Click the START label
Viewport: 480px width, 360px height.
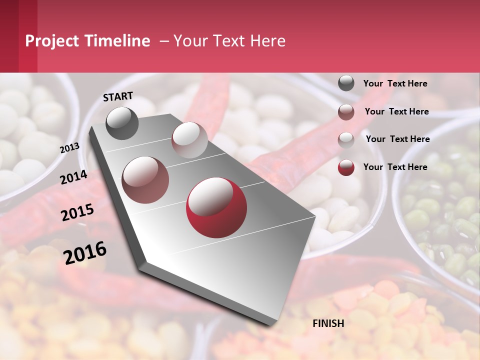pyautogui.click(x=118, y=96)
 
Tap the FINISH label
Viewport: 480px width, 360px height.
pyautogui.click(x=328, y=323)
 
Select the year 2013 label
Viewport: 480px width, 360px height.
pyautogui.click(x=70, y=148)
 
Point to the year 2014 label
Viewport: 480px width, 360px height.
pyautogui.click(x=74, y=177)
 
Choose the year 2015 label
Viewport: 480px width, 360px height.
pyautogui.click(x=77, y=212)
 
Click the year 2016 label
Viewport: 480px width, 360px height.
pyautogui.click(x=85, y=252)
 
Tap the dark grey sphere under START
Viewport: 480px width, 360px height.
pyautogui.click(x=122, y=123)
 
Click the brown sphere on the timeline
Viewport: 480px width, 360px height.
pyautogui.click(x=145, y=180)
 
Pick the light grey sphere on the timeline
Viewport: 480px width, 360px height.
pyautogui.click(x=189, y=140)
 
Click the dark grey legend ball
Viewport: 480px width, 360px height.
pyautogui.click(x=346, y=83)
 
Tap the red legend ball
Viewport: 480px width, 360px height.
pyautogui.click(x=346, y=167)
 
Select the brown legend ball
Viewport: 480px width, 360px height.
pyautogui.click(x=346, y=112)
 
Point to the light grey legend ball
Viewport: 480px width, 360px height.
pyautogui.click(x=346, y=140)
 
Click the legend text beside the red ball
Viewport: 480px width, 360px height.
pyautogui.click(x=395, y=167)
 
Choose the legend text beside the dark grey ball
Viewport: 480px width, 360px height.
pyautogui.click(x=395, y=83)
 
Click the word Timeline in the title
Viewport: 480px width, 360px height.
pyautogui.click(x=117, y=41)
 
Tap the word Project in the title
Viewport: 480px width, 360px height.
pyautogui.click(x=52, y=41)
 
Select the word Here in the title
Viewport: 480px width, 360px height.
pyautogui.click(x=267, y=41)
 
